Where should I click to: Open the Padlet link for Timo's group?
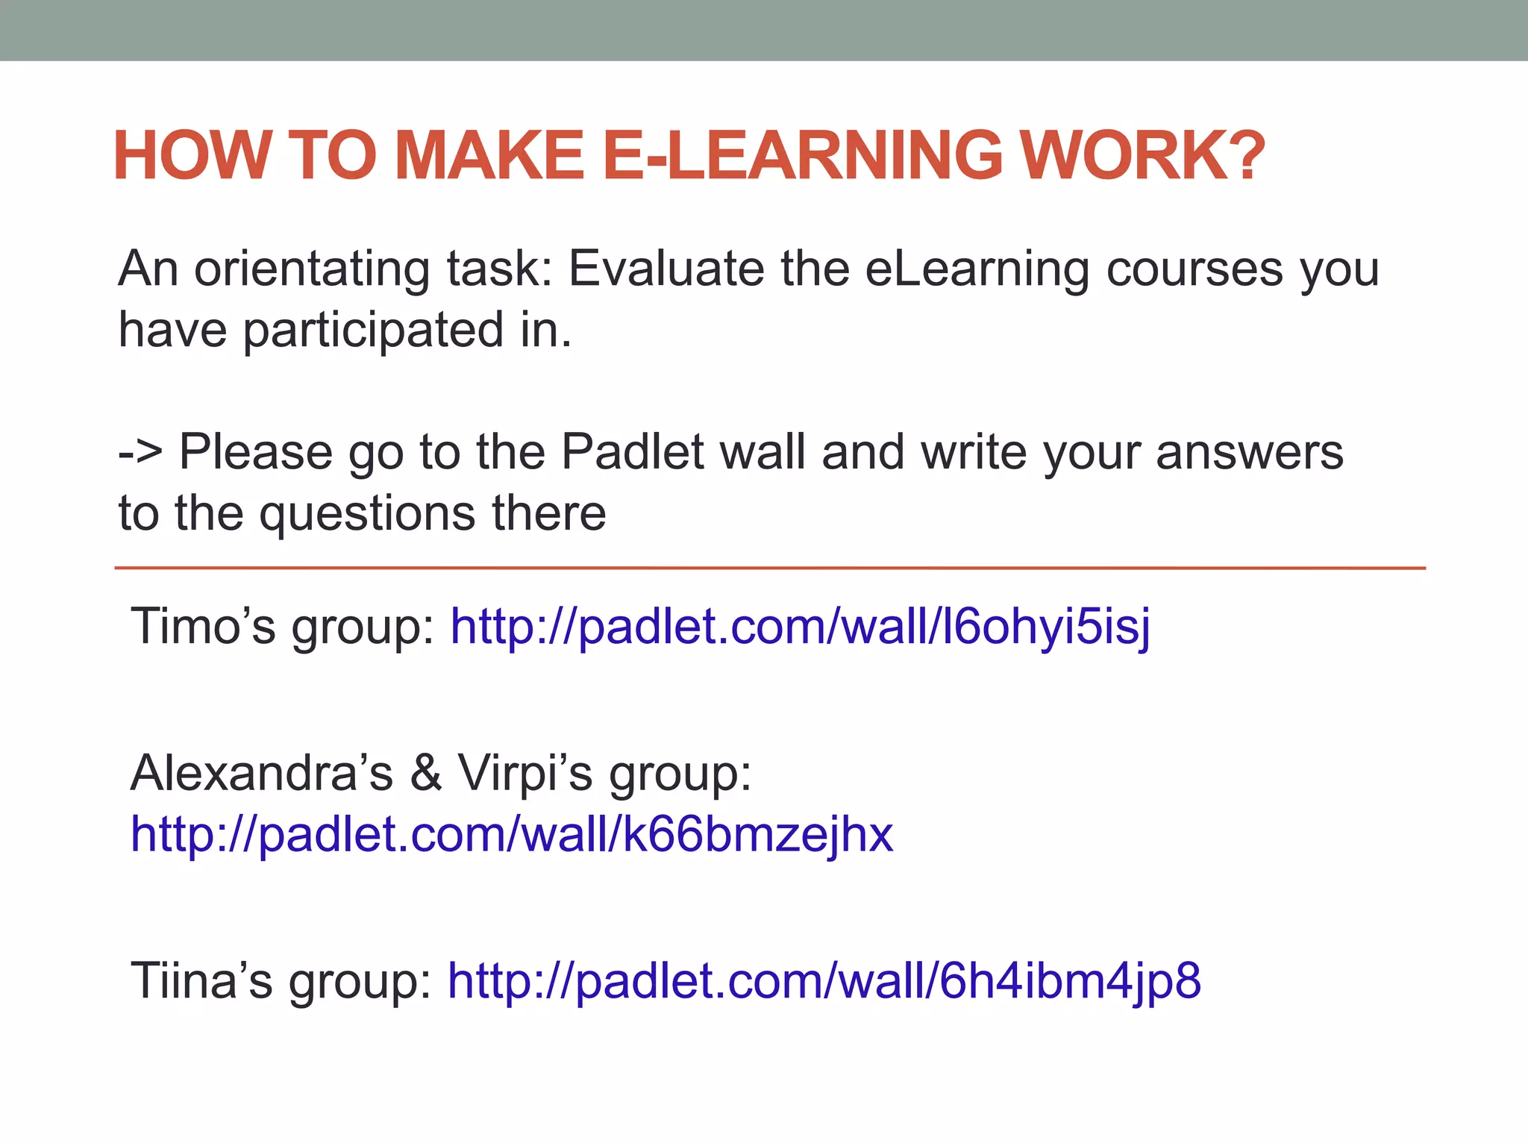point(800,627)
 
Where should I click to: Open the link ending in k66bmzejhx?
point(512,834)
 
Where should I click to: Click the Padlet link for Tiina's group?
point(824,980)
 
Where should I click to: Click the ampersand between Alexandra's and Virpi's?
point(425,773)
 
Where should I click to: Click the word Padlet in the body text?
point(632,452)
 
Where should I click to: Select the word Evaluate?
point(666,269)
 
